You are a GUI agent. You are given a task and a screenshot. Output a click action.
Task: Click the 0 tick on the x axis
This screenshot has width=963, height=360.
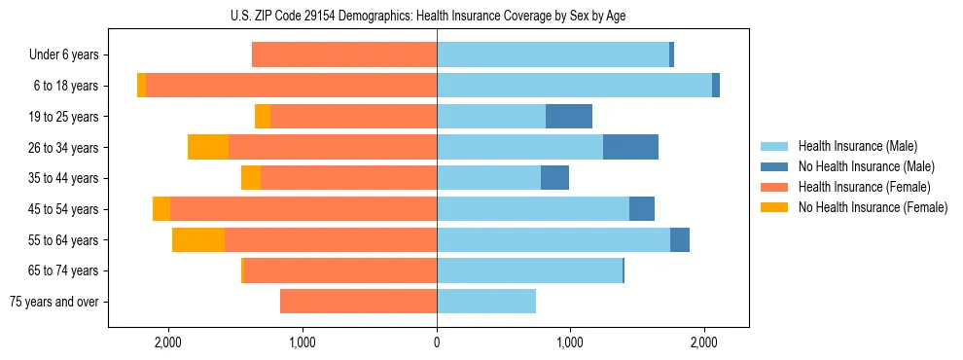pyautogui.click(x=437, y=342)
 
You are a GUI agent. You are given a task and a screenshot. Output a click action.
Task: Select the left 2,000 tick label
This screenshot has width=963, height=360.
pyautogui.click(x=168, y=342)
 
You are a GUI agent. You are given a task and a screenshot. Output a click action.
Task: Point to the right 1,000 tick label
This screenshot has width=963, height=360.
pyautogui.click(x=571, y=342)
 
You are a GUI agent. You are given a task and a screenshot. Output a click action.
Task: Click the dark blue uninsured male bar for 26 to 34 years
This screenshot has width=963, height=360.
pyautogui.click(x=630, y=147)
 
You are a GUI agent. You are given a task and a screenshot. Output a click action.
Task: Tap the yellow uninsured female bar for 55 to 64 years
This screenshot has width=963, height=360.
pyautogui.click(x=198, y=239)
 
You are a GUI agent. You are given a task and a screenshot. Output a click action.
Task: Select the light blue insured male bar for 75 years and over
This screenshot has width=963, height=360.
pyautogui.click(x=486, y=302)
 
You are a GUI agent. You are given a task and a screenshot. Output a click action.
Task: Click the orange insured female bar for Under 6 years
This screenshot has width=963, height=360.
pyautogui.click(x=344, y=55)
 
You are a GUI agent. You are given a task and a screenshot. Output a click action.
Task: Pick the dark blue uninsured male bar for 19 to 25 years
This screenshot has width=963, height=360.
pyautogui.click(x=569, y=117)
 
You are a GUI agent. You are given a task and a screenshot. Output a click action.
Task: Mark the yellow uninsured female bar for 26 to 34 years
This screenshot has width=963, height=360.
pyautogui.click(x=208, y=147)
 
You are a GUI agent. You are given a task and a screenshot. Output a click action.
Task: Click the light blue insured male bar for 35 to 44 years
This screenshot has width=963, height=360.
pyautogui.click(x=488, y=178)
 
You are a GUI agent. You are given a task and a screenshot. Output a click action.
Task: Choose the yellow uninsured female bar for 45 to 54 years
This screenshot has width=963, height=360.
pyautogui.click(x=161, y=209)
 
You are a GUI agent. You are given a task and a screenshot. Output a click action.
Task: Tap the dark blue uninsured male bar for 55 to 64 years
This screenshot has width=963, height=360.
pyautogui.click(x=680, y=239)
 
